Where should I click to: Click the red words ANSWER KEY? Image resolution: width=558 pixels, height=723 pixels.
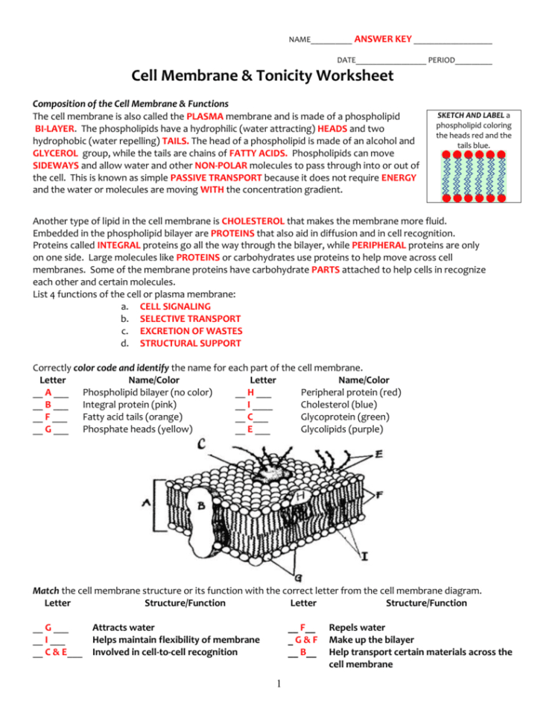click(x=382, y=38)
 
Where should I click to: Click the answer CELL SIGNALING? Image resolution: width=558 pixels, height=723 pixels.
click(x=175, y=306)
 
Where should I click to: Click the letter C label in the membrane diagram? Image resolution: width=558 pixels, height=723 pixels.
click(x=201, y=446)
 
